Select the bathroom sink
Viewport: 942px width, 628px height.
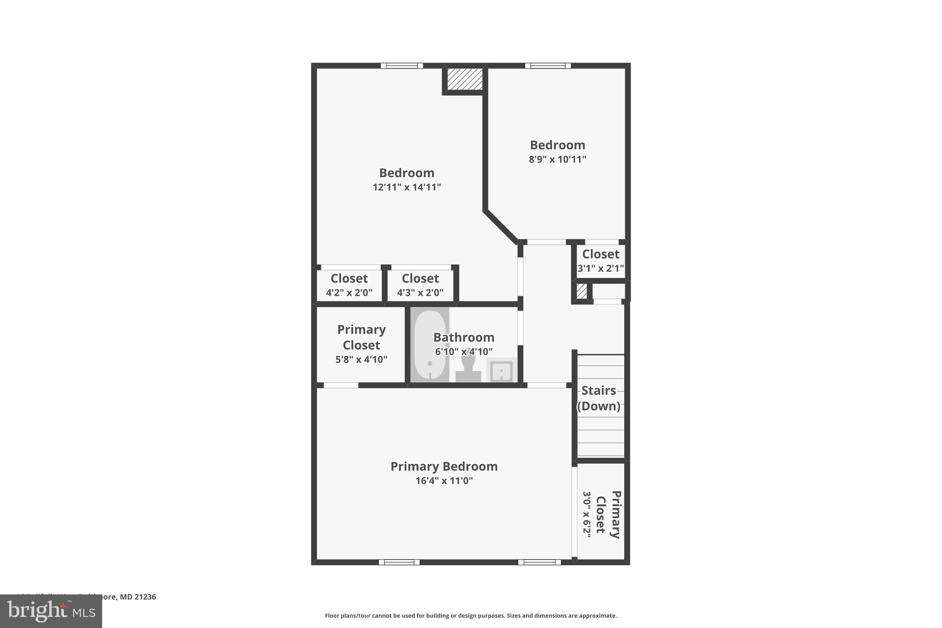(x=501, y=370)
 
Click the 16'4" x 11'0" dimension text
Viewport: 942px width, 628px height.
(x=444, y=481)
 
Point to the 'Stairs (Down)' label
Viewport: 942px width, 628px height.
(x=598, y=398)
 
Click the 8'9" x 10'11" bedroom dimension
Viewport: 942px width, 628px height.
(x=557, y=160)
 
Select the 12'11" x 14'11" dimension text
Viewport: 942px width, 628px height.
(x=407, y=187)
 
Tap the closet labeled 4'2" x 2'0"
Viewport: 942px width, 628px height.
(x=349, y=285)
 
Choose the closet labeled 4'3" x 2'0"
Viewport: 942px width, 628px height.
(x=420, y=285)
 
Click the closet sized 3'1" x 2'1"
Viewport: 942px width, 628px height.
(x=600, y=261)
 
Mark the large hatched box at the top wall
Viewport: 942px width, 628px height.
(x=465, y=79)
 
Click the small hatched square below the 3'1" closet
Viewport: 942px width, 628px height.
(x=581, y=291)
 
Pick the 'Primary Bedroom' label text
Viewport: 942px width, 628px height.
(x=444, y=467)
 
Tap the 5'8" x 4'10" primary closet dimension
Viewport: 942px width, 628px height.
(x=361, y=360)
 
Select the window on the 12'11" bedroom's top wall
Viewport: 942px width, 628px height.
(x=402, y=66)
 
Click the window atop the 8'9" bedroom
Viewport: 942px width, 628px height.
(x=548, y=66)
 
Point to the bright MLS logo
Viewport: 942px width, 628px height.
(x=51, y=611)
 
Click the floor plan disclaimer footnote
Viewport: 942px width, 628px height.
(x=471, y=616)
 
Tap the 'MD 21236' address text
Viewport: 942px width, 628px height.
(x=138, y=597)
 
